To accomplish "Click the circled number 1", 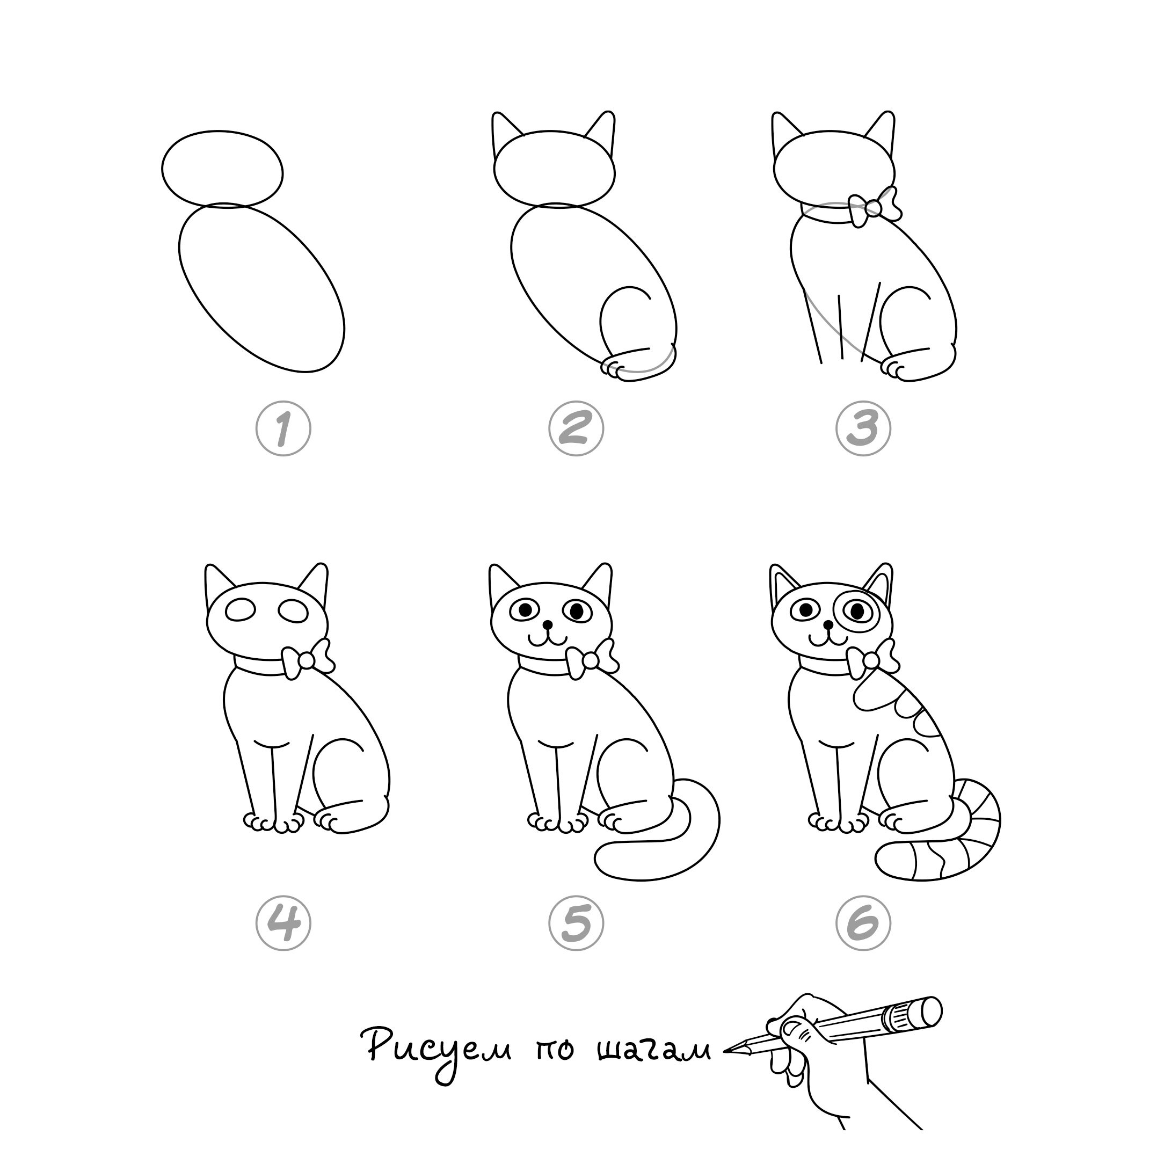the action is [283, 429].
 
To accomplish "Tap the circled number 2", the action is [576, 429].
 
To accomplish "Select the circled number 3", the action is [863, 429].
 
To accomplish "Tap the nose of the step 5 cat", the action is [548, 625].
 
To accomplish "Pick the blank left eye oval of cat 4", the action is [241, 610].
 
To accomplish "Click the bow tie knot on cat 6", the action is [871, 661].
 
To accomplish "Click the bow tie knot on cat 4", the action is [307, 661].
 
